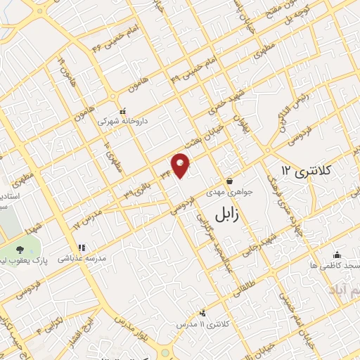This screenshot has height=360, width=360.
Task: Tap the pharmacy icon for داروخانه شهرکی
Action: (122, 110)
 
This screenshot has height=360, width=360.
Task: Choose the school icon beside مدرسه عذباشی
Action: (81, 248)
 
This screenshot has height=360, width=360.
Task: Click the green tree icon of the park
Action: (19, 251)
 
